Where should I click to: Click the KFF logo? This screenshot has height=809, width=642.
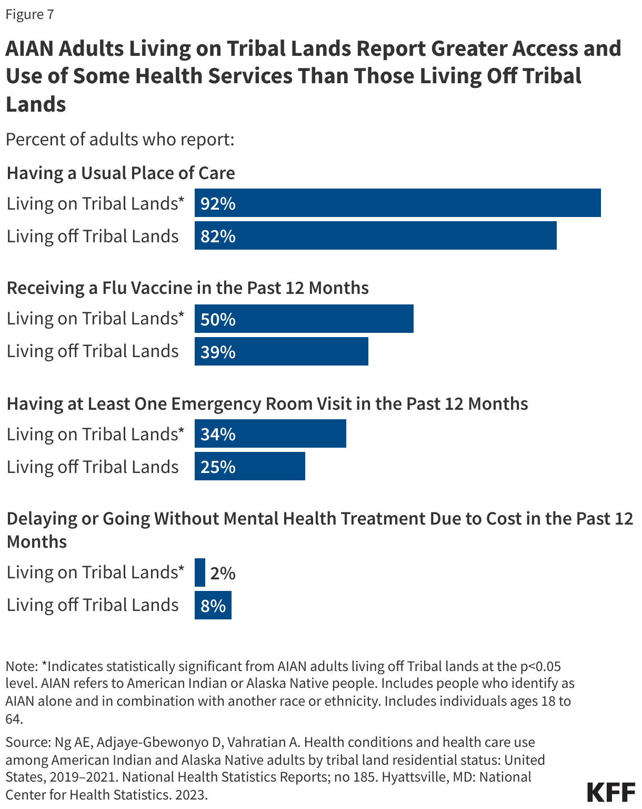point(611,792)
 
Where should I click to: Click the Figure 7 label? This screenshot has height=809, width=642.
point(29,14)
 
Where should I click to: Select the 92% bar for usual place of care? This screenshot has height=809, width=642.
point(397,203)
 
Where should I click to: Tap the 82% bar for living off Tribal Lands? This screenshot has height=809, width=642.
point(375,236)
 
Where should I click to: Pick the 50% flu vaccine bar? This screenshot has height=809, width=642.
point(304,319)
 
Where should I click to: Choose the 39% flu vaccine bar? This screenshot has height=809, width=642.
point(281,351)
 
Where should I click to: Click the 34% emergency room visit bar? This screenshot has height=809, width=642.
point(270,434)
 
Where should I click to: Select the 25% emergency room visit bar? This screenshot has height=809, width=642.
point(249,467)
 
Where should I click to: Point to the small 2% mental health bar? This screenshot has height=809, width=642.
point(200,573)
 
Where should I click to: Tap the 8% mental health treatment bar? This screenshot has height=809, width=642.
point(213,605)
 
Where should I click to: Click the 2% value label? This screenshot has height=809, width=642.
point(223,573)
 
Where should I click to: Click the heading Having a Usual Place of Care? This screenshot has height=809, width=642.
point(121,173)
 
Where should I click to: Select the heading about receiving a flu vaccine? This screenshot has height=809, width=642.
point(187,288)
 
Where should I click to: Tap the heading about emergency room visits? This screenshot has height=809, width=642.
point(267,403)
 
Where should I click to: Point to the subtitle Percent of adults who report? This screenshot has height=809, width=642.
point(119,140)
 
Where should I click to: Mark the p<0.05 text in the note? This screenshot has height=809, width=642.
point(540,666)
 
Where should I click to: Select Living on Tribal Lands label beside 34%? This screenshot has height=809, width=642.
point(95,434)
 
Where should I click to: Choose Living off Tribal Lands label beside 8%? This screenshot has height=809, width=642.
point(93,605)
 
